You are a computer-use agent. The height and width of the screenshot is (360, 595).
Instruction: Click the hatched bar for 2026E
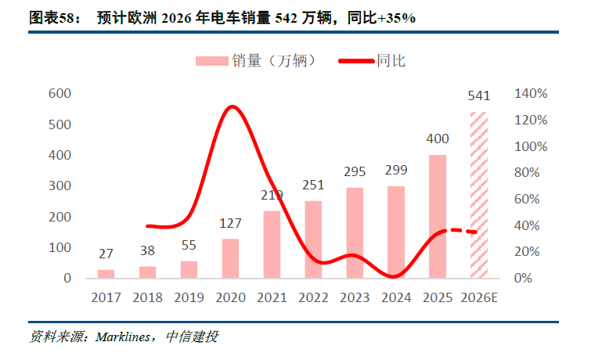point(478,196)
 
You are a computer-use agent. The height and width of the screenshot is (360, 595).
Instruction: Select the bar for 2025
point(437,217)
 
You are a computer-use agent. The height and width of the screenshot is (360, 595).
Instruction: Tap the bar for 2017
point(106,274)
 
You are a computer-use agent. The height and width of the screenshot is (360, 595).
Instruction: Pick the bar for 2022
point(312,239)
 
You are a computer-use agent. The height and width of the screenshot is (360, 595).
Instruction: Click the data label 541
point(478,96)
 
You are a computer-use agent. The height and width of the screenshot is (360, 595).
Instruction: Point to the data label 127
point(230,223)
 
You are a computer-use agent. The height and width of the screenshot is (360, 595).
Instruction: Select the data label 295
point(355,171)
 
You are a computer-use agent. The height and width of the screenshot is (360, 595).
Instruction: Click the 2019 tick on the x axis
point(189,297)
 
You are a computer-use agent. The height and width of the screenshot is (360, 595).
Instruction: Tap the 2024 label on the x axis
point(396,297)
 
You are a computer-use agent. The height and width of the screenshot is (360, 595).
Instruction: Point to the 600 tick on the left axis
point(60,94)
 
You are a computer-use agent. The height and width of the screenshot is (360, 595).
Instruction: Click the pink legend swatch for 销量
point(211,60)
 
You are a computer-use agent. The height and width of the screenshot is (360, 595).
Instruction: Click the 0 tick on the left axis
point(67,279)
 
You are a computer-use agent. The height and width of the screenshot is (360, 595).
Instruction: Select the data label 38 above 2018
point(147,251)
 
